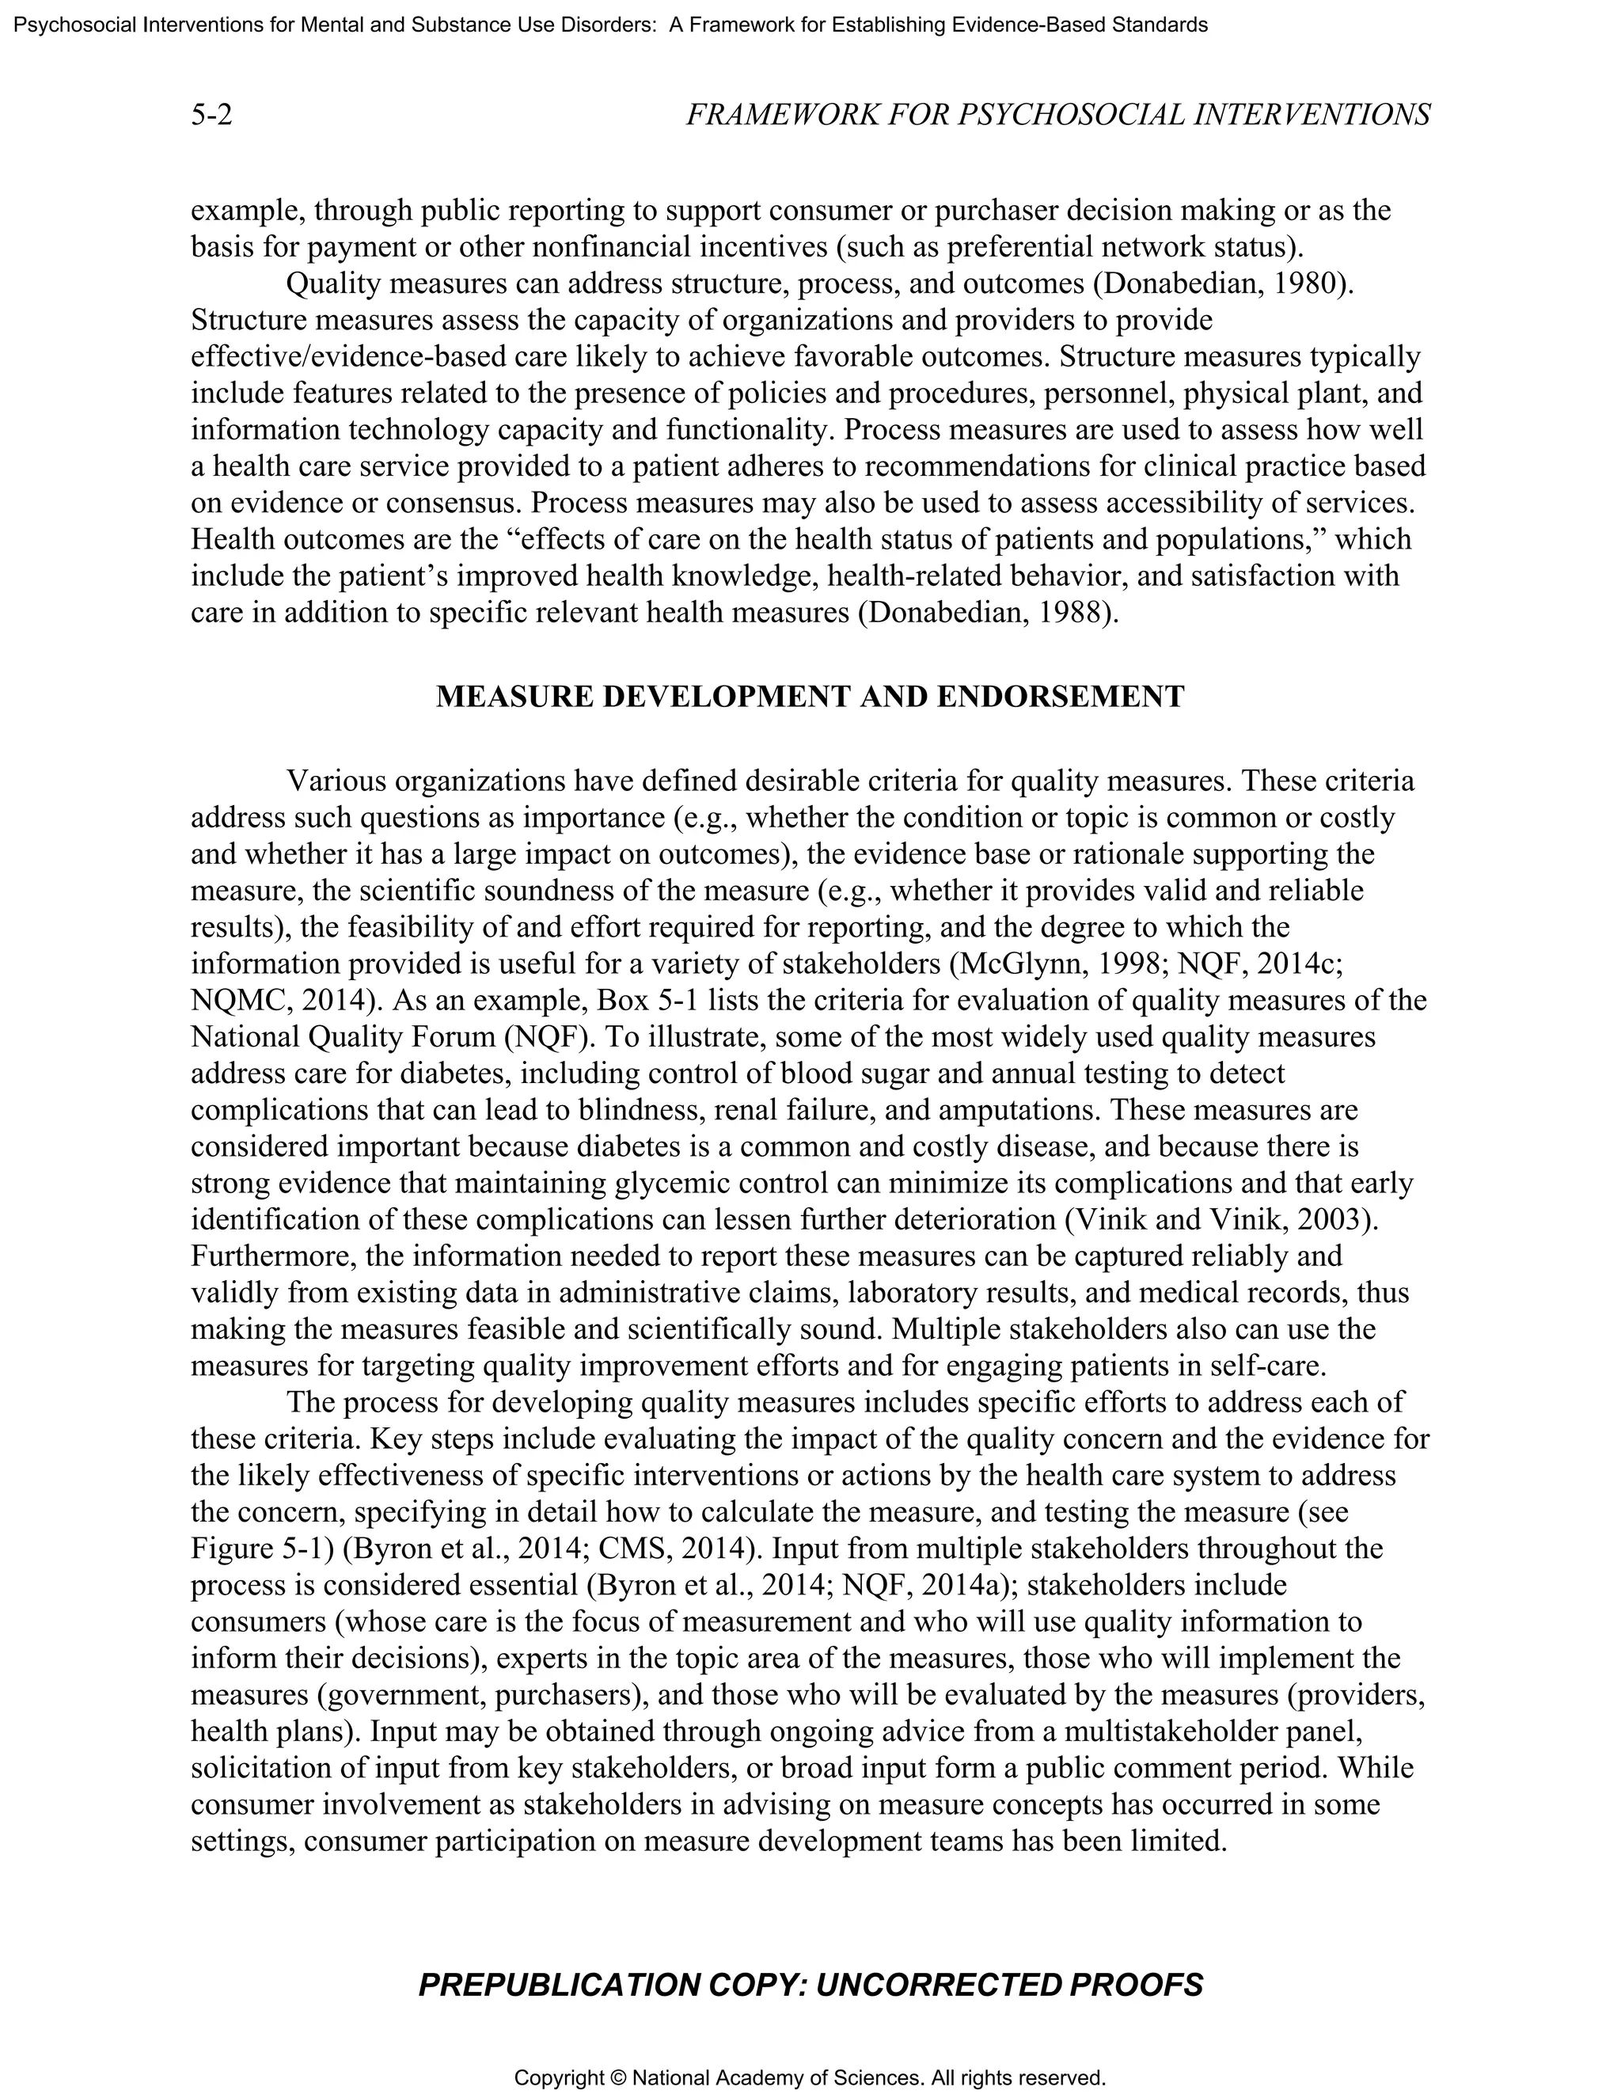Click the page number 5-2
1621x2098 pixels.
(x=211, y=116)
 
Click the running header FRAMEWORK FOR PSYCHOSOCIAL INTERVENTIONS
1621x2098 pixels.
(x=1057, y=116)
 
